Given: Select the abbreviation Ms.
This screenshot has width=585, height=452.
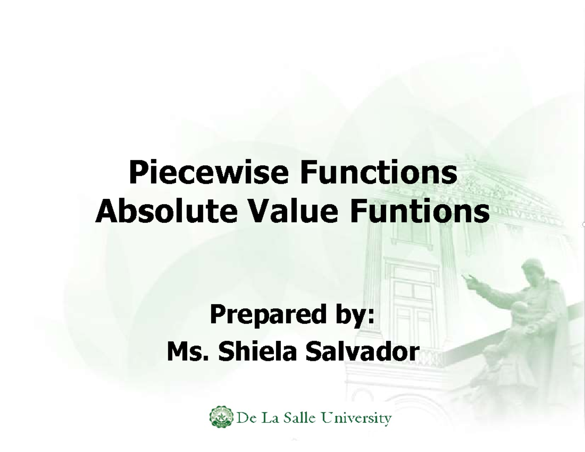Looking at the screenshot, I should pyautogui.click(x=188, y=352).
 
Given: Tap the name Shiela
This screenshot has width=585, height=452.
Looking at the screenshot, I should pyautogui.click(x=257, y=352).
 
